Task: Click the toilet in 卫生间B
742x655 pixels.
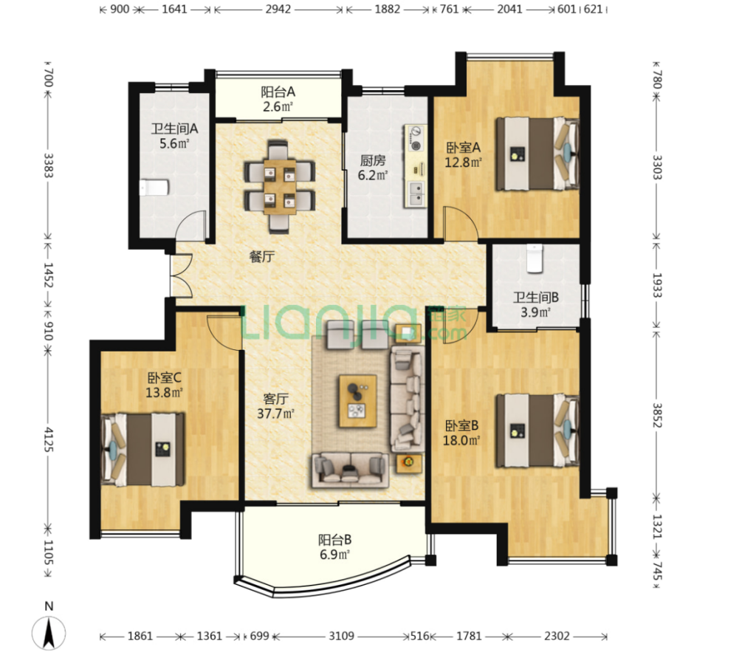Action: point(535,258)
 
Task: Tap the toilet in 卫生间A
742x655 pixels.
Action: point(154,188)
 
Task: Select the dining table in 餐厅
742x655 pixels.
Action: point(279,187)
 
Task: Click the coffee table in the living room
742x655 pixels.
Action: point(358,401)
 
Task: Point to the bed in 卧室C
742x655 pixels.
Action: point(143,449)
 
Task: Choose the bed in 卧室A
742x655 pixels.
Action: point(537,154)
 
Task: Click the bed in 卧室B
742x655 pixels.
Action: point(537,431)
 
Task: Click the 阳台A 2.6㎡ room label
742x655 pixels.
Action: point(278,99)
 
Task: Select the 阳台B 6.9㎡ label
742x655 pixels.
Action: point(334,547)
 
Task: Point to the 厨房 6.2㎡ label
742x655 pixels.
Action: point(372,168)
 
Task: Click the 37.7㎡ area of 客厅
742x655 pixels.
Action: point(275,414)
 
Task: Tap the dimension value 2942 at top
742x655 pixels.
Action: point(278,9)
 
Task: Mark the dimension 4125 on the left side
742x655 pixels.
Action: point(48,439)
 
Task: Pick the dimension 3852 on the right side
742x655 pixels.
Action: point(657,415)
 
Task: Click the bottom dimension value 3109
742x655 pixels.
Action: point(341,636)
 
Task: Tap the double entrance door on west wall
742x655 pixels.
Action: point(181,276)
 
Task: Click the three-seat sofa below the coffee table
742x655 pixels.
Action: point(350,470)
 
